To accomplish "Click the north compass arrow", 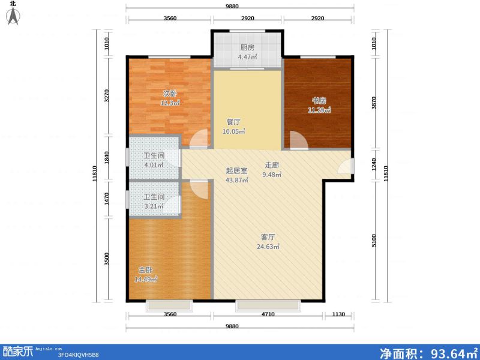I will tap(13, 16).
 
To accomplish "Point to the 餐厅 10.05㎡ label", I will tap(233, 126).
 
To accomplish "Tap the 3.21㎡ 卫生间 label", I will tap(153, 202).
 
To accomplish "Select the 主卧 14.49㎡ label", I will tap(145, 275).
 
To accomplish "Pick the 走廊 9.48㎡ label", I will tap(272, 170).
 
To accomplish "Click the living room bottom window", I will tap(268, 305).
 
